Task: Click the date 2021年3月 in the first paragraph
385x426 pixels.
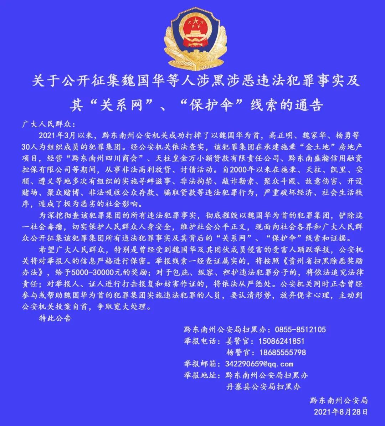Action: point(61,135)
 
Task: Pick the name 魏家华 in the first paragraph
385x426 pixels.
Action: point(315,135)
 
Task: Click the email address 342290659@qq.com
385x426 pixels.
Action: point(259,364)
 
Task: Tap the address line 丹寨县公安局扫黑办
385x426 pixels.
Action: point(263,387)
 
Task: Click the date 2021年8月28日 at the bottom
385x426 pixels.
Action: point(340,412)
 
